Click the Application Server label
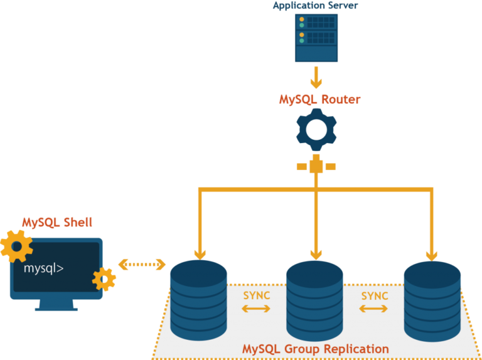click(x=316, y=6)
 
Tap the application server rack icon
click(x=316, y=38)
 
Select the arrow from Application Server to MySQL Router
click(x=316, y=77)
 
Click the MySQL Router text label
click(x=319, y=100)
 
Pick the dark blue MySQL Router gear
click(x=316, y=129)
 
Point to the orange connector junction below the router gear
click(x=316, y=166)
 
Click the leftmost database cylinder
click(x=198, y=300)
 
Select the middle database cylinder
click(x=315, y=300)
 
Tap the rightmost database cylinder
click(x=432, y=301)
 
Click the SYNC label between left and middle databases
click(x=257, y=295)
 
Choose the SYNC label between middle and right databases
click(x=375, y=296)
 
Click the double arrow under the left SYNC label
click(x=256, y=309)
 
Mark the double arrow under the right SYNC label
click(x=373, y=309)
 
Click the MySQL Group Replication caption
click(x=316, y=349)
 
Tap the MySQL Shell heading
click(x=57, y=223)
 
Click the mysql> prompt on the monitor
click(x=44, y=268)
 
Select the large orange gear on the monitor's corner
click(x=16, y=246)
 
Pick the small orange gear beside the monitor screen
click(x=104, y=279)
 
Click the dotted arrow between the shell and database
click(x=142, y=265)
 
